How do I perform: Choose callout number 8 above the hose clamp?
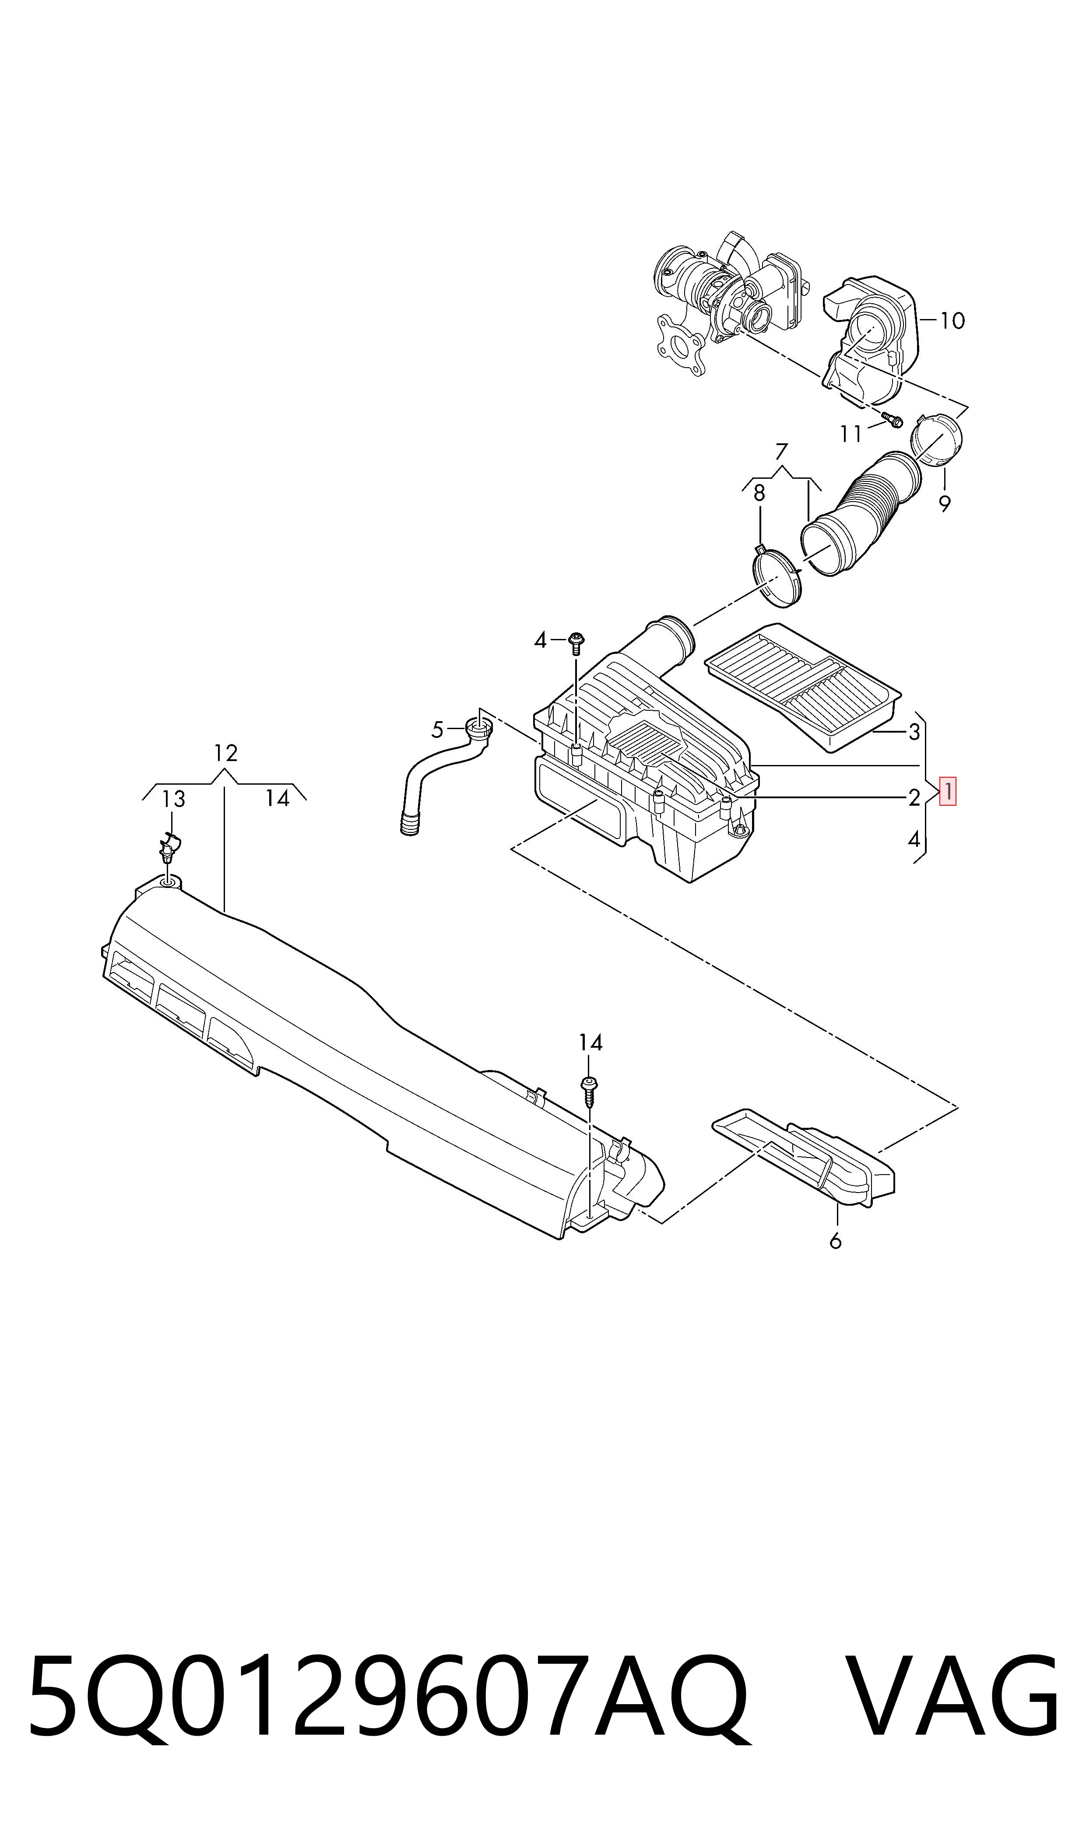pos(759,493)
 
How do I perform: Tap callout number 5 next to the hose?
pos(438,730)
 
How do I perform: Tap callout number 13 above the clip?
pos(173,799)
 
